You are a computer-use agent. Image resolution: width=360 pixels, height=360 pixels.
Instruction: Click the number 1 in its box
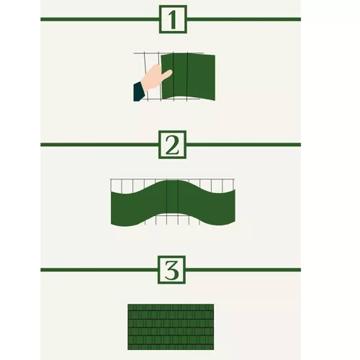coord(172,19)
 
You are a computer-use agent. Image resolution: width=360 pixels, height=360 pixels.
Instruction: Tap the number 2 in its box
coord(172,145)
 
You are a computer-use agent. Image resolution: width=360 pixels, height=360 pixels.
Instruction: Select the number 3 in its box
coord(172,270)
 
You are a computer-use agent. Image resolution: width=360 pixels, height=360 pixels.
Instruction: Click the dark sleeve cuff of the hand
coord(138,91)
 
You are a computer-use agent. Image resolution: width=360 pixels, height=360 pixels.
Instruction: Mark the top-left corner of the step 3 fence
coord(129,305)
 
